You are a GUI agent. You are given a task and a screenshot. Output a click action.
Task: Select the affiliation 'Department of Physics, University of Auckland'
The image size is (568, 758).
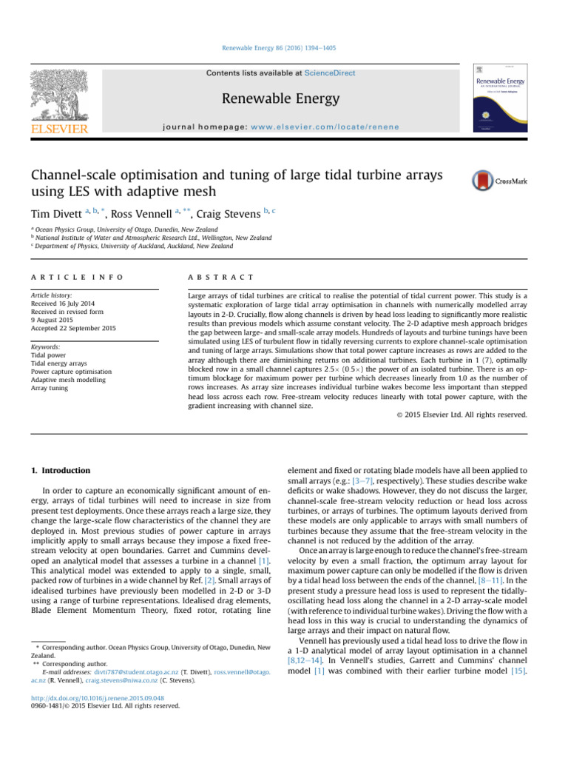pos(129,246)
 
